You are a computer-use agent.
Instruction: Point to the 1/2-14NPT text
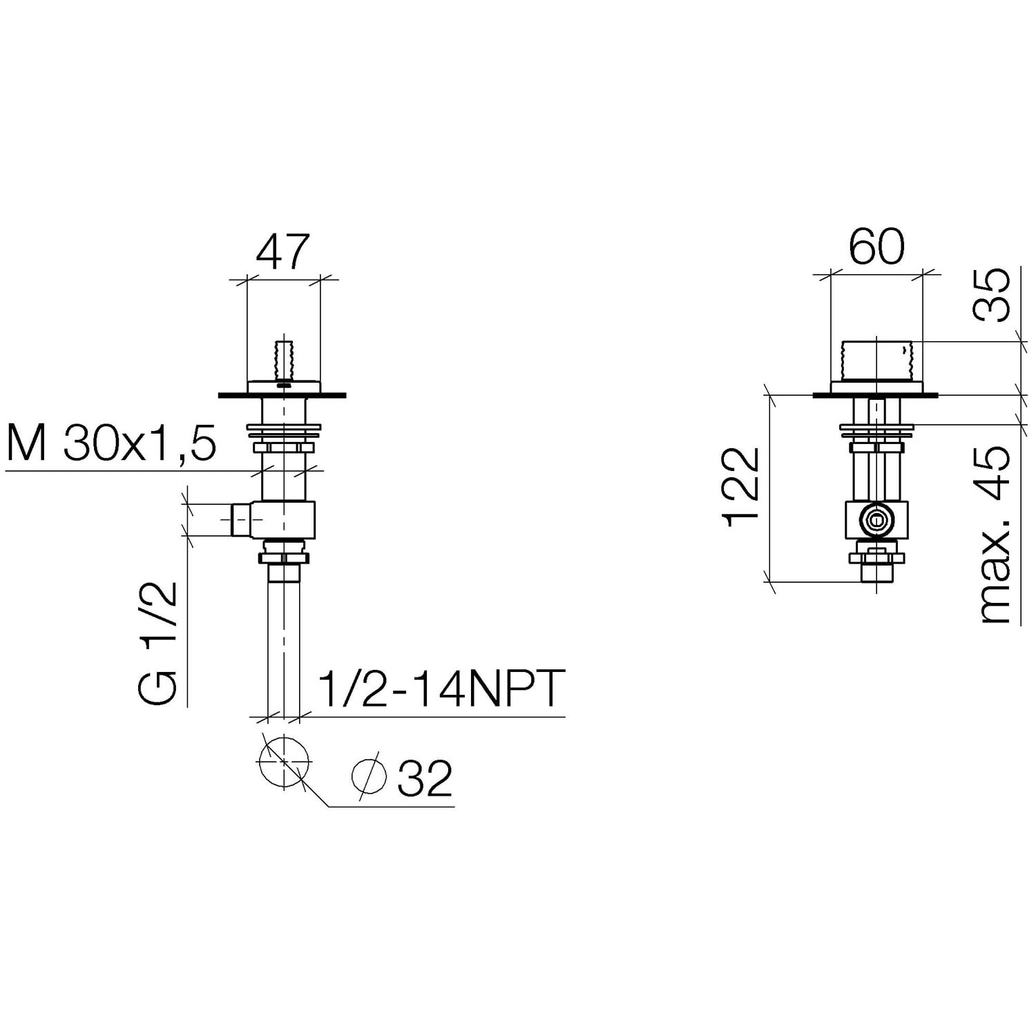point(441,688)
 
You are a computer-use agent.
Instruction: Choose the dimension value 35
point(992,295)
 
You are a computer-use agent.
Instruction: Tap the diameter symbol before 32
point(369,777)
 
